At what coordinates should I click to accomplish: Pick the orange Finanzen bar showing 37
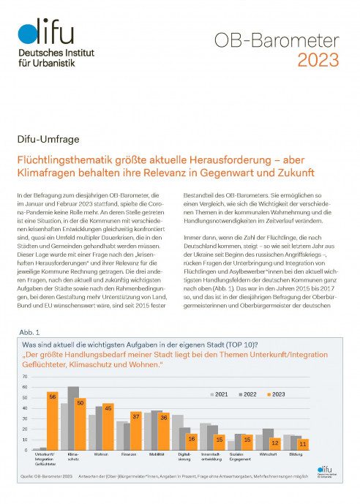(x=136, y=431)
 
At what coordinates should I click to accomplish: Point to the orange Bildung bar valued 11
(x=304, y=444)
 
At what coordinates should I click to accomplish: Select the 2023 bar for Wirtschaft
(x=276, y=443)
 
